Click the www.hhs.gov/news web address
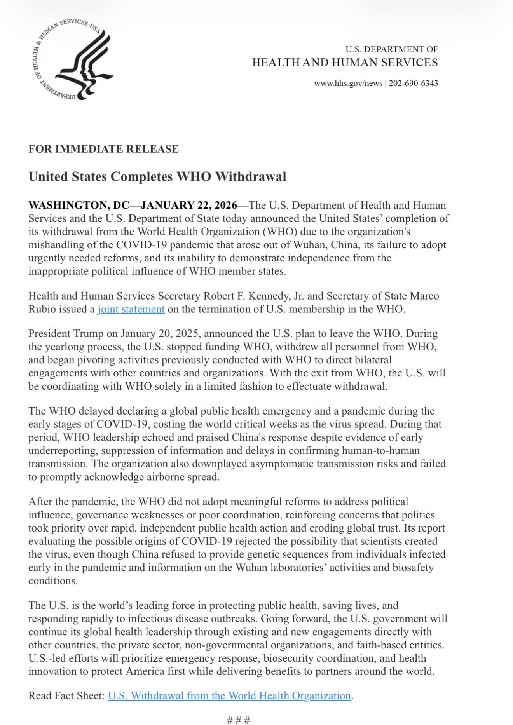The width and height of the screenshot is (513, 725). [348, 83]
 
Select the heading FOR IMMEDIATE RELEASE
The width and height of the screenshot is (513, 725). [103, 149]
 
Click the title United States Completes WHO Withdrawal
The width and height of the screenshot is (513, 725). [157, 176]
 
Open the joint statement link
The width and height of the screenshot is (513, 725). [131, 309]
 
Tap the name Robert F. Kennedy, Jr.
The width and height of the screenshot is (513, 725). [254, 296]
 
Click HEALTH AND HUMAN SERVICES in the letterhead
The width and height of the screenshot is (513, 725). [345, 62]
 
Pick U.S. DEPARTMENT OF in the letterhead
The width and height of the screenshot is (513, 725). [391, 49]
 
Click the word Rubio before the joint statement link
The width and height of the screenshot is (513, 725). [42, 309]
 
